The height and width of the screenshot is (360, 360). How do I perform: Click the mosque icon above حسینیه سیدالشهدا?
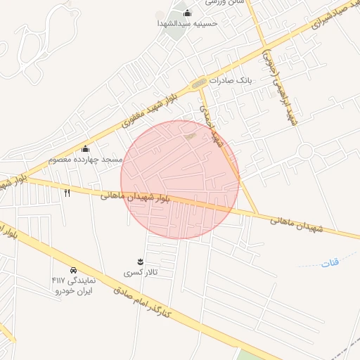(187, 13)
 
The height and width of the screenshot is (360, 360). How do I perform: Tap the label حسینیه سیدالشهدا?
(188, 23)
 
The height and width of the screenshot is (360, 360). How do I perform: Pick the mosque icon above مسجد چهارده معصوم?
(86, 148)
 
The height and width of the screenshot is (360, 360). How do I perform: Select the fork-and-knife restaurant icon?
(67, 192)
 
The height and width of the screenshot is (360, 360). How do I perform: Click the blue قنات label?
(329, 263)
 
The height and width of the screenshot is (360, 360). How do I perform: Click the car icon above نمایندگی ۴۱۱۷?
(73, 270)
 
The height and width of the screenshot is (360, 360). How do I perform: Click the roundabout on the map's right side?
(304, 151)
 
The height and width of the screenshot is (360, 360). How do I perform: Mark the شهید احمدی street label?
(210, 127)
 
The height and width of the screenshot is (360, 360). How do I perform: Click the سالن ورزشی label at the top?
(225, 3)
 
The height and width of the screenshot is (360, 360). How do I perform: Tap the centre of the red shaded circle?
(180, 179)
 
